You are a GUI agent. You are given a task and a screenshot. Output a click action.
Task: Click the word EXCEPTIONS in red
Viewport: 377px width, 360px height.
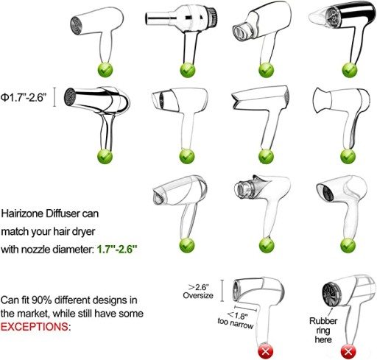coord(34,327)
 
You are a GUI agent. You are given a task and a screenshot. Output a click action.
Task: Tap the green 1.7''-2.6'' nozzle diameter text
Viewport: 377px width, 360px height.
coord(117,250)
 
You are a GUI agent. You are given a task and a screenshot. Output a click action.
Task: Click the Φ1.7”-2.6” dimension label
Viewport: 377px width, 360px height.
coord(24,97)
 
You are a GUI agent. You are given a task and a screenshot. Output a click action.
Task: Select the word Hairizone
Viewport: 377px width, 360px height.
coord(23,213)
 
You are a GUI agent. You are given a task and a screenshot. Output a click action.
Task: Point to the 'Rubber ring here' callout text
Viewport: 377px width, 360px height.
coord(323,331)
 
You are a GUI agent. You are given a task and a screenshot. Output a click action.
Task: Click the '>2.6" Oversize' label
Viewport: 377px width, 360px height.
coord(198,291)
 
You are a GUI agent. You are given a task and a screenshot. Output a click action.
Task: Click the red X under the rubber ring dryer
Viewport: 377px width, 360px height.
coord(348,352)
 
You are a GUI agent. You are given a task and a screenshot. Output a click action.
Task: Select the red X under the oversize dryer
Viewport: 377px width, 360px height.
coord(266,352)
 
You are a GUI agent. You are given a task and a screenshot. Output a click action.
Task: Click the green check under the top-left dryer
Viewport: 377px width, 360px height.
coord(105,70)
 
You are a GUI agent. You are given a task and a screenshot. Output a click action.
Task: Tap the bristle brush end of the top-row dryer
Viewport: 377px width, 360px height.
coord(212,17)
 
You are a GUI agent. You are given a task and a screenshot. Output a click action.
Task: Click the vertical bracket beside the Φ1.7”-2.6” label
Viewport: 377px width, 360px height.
coord(54,97)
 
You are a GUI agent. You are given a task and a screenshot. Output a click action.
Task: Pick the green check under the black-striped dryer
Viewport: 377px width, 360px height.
coord(350,70)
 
